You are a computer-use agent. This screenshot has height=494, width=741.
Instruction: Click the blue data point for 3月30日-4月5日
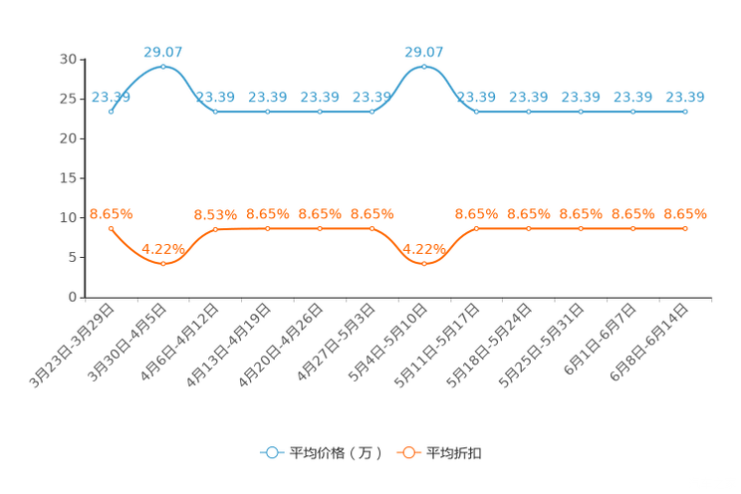coord(163,67)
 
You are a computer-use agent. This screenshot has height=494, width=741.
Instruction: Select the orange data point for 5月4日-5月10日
coord(424,264)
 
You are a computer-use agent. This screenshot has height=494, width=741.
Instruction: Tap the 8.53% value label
coord(215,215)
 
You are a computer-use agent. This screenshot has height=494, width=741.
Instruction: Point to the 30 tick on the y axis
coord(68,59)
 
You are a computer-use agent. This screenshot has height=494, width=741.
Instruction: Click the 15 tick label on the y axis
coord(68,178)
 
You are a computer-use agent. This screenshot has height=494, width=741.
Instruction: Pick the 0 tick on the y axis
coord(73,297)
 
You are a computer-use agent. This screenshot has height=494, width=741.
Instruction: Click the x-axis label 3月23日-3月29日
coord(72,346)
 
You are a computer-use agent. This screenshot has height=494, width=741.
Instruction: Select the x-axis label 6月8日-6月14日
coord(648,343)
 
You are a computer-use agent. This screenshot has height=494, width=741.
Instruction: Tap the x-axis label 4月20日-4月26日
coord(281,346)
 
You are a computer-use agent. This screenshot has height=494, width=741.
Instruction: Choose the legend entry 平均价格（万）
coord(321,453)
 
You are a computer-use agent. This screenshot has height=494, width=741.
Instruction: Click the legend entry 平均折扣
coord(439,453)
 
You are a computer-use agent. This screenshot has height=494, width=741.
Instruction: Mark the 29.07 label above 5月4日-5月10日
coord(424,52)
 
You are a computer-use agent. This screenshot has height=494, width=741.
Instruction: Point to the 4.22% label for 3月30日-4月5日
coord(163,249)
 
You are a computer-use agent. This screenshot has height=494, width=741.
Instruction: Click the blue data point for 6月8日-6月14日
coord(685,112)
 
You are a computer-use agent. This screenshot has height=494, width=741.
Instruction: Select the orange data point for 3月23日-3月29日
coord(112,228)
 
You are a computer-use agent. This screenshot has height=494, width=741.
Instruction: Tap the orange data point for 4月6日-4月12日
coord(215,229)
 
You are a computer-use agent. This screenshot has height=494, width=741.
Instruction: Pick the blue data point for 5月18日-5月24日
coord(528,112)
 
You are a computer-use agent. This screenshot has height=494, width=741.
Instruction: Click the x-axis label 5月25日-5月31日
coord(542,346)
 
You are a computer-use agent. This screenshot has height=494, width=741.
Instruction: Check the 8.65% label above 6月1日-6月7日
coord(633,214)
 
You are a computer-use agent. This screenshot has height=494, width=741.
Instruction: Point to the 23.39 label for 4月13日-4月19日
coord(268,97)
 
